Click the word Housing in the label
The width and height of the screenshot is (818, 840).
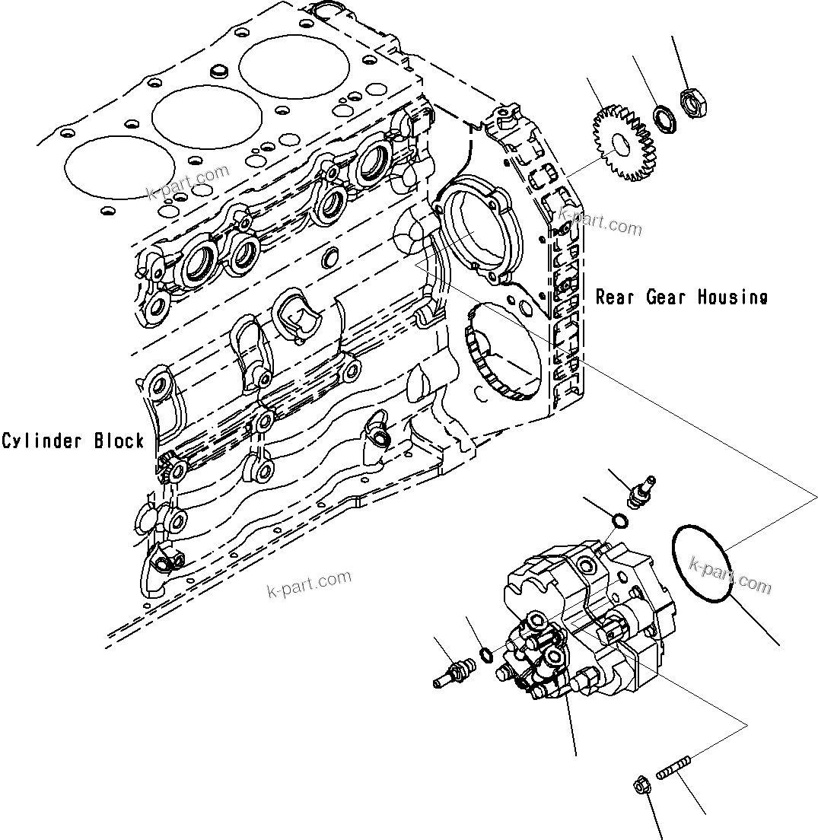point(728,297)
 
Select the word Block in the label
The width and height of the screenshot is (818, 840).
point(119,441)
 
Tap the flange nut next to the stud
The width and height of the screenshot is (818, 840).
point(641,785)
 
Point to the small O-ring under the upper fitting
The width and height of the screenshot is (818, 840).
point(620,521)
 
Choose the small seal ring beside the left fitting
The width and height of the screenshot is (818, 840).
point(485,654)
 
